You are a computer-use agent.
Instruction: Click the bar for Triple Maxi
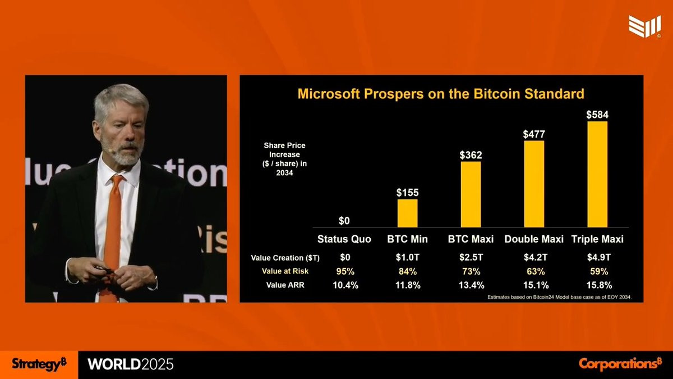pyautogui.click(x=597, y=174)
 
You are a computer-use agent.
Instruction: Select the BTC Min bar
pyautogui.click(x=407, y=213)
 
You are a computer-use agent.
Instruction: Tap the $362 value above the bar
pyautogui.click(x=471, y=155)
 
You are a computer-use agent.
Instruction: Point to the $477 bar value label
pyautogui.click(x=534, y=134)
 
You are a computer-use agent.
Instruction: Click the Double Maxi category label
pyautogui.click(x=534, y=239)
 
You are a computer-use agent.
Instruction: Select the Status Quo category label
pyautogui.click(x=344, y=239)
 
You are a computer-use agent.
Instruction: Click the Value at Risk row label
pyautogui.click(x=285, y=271)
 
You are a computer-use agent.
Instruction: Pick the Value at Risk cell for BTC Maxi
pyautogui.click(x=471, y=271)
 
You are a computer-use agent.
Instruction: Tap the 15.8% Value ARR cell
pyautogui.click(x=597, y=285)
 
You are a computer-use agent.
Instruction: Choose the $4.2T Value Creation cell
pyautogui.click(x=534, y=258)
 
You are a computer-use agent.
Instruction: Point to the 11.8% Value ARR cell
pyautogui.click(x=407, y=285)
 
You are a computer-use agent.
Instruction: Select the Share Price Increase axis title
pyautogui.click(x=284, y=159)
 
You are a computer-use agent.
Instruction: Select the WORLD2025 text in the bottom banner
pyautogui.click(x=131, y=364)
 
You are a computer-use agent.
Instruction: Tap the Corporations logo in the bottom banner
pyautogui.click(x=620, y=363)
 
